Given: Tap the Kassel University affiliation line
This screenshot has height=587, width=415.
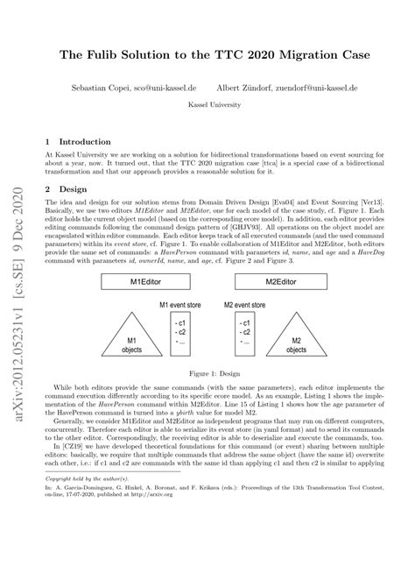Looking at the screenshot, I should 207,103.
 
